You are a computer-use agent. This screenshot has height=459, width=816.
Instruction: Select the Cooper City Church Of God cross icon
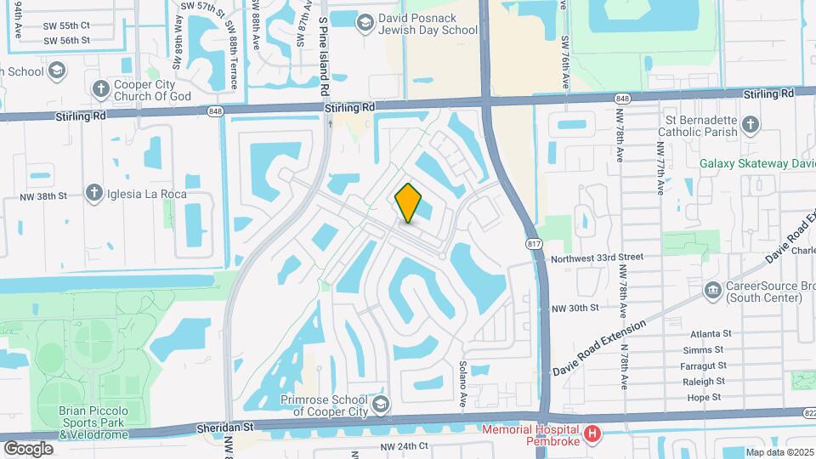(101, 88)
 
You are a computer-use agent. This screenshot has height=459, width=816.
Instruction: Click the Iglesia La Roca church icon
(94, 193)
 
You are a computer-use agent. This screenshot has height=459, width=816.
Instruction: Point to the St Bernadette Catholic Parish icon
(750, 126)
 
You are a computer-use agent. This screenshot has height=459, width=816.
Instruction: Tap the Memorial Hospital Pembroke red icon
(594, 435)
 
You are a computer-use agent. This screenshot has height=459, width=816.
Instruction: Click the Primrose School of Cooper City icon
(381, 401)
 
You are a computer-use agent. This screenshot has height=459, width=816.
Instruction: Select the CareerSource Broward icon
(712, 292)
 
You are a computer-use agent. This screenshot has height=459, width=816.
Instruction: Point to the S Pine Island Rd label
(323, 55)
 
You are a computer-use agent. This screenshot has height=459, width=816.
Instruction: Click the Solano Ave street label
(464, 387)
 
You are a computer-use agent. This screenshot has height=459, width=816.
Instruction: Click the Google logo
(28, 448)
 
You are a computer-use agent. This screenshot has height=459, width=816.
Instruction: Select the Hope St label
(704, 397)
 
